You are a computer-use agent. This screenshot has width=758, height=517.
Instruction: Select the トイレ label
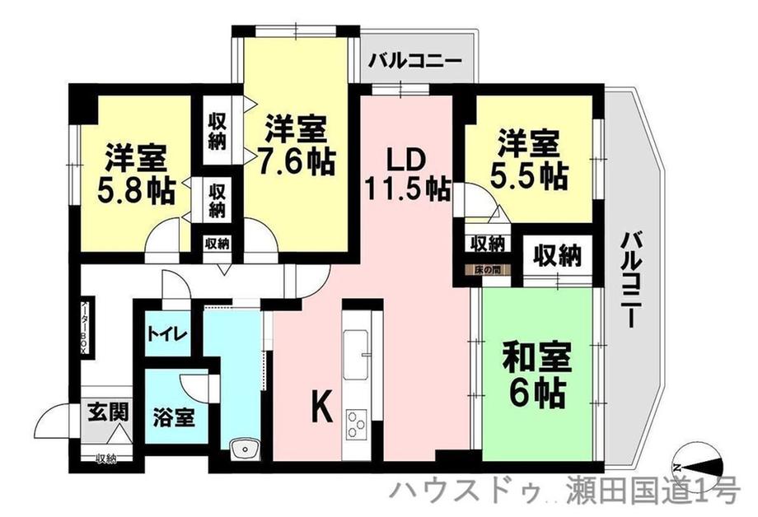pyautogui.click(x=168, y=334)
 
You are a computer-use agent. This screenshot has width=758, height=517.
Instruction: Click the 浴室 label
pyautogui.click(x=173, y=417)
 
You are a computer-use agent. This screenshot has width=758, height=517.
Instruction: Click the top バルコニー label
pyautogui.click(x=417, y=61)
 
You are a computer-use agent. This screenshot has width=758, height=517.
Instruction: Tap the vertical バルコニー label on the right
pyautogui.click(x=631, y=280)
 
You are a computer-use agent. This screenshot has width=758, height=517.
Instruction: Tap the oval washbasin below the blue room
pyautogui.click(x=246, y=448)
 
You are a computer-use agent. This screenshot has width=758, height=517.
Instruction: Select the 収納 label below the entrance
pyautogui.click(x=105, y=459)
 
